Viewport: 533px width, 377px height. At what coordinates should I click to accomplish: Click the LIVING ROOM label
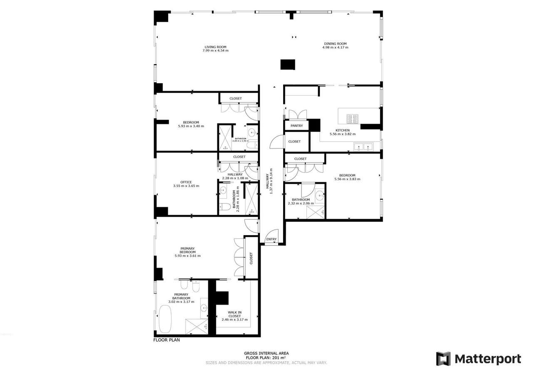pos(215,47)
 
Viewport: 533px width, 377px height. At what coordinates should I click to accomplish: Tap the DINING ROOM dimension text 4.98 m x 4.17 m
pos(335,47)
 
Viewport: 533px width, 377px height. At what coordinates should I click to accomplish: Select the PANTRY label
pos(296,126)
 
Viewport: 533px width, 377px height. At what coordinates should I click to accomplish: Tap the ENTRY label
pos(271,239)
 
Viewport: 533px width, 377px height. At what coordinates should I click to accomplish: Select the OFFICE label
pos(186,182)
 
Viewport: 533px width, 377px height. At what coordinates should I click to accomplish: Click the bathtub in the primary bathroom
pos(165,319)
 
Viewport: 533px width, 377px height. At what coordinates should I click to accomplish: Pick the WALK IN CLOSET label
pos(234,314)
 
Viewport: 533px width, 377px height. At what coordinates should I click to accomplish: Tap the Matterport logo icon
pos(443,359)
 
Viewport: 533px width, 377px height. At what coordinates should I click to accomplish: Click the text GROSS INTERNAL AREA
pos(266,353)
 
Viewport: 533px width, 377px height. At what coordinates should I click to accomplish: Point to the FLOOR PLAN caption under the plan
pos(167,340)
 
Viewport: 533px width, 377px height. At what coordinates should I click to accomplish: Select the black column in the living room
pos(287,64)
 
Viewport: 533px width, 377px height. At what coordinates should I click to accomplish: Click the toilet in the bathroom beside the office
pos(224,207)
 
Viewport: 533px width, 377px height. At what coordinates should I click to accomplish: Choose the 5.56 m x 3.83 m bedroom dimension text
pos(347,179)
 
